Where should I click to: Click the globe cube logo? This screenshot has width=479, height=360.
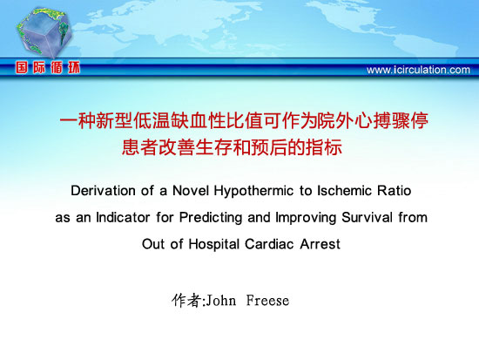tap(44, 32)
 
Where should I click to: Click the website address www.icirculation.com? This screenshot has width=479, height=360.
tap(418, 70)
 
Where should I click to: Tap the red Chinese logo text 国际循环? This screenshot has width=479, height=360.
tap(48, 67)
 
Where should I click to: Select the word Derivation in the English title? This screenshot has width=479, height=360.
tap(103, 191)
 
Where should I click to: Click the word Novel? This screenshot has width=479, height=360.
tap(191, 191)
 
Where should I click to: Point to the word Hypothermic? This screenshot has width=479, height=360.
tap(253, 192)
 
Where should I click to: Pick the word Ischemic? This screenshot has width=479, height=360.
tap(345, 191)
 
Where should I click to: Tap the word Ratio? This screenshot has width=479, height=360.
tap(394, 191)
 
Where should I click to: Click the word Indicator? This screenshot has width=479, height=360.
tap(123, 217)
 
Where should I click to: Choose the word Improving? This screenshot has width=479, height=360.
tap(306, 218)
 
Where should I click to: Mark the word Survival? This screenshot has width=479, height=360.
tap(368, 217)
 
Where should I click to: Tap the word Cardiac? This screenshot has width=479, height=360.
tap(270, 244)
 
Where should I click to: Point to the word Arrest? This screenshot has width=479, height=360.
tap(320, 244)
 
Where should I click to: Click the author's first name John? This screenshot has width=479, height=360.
tap(221, 301)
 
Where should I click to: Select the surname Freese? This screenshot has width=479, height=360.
tap(267, 301)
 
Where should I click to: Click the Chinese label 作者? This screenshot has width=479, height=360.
tap(186, 301)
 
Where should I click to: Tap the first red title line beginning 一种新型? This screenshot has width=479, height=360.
tap(244, 121)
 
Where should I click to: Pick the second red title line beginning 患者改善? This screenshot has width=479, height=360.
tap(232, 147)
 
